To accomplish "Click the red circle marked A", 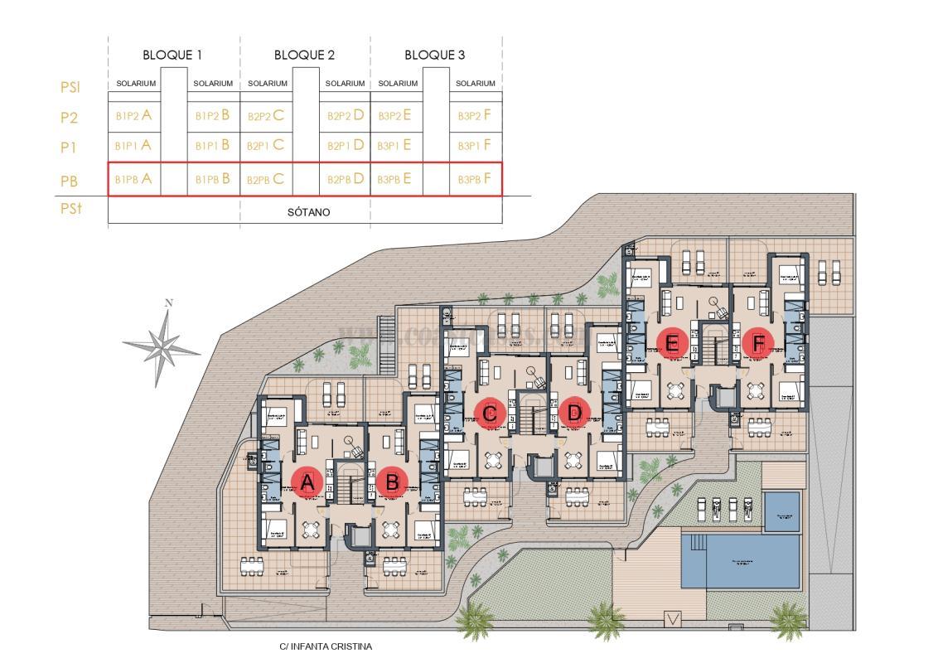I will [x=307, y=482].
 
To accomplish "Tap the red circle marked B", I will [x=392, y=482].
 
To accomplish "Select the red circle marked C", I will [x=490, y=412].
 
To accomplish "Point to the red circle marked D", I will [x=573, y=412].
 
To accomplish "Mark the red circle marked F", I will [x=757, y=341].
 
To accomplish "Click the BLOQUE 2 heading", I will [x=304, y=56].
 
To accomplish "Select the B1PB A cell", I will [x=133, y=179].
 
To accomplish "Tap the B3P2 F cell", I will [x=475, y=116].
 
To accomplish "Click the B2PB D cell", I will [x=346, y=179].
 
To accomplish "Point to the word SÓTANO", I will [x=308, y=212].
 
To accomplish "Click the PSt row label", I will [x=70, y=210].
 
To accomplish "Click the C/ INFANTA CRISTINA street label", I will [x=326, y=646].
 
